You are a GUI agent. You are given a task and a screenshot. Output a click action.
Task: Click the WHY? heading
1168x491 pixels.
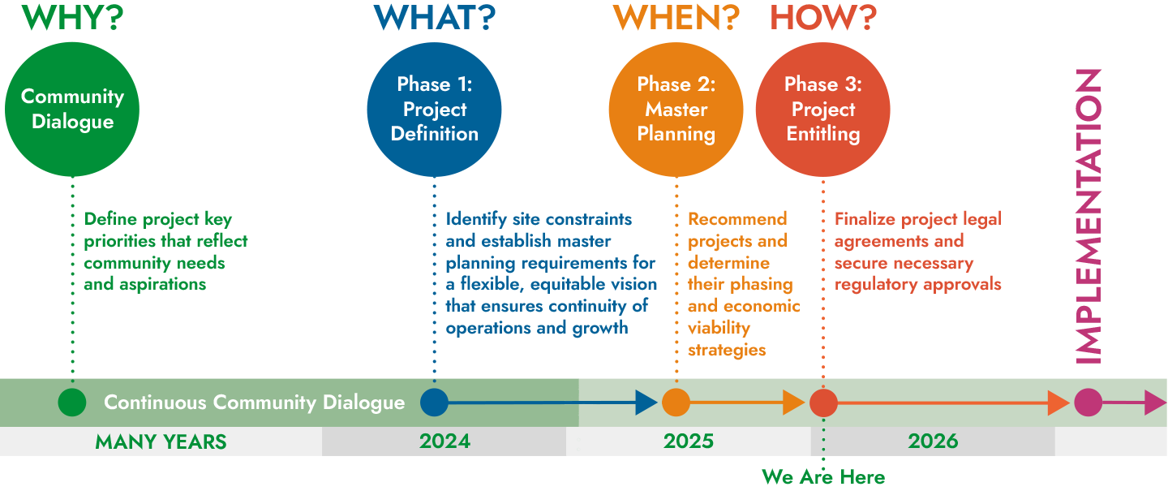coord(72,17)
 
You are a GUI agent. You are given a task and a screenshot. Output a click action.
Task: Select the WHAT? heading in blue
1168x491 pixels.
coord(435,17)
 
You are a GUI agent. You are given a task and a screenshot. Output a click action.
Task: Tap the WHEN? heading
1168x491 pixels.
coord(676,17)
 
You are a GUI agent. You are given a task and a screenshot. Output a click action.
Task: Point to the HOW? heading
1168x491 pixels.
coord(823,17)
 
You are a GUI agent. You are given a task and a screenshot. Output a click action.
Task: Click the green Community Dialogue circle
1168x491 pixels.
coord(72,109)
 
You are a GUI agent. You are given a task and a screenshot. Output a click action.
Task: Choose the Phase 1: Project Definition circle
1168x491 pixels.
coord(435,109)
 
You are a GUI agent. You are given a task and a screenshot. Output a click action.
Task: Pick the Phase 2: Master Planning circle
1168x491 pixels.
coord(676,109)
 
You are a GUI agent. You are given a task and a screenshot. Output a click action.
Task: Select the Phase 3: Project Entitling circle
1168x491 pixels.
coord(823,109)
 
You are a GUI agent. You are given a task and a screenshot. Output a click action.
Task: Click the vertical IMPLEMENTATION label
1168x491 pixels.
coord(1089,217)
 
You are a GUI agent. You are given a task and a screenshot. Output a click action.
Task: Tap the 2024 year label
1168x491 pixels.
coord(444,441)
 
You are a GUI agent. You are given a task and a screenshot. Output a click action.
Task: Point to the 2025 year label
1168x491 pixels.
coord(689,441)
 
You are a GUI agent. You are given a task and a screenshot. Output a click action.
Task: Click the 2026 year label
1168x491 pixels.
coord(933,441)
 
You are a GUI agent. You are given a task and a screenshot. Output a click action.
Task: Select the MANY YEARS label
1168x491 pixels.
coord(161,442)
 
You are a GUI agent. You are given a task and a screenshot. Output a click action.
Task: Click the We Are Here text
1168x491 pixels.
coord(823,477)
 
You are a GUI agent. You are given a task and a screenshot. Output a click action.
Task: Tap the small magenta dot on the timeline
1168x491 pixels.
coord(1089,403)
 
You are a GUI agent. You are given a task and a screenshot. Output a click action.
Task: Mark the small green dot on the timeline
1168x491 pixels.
coord(72,403)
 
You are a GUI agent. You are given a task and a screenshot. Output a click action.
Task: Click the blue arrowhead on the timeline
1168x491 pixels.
coord(646,403)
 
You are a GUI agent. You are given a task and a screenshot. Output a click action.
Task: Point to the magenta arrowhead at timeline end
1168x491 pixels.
coord(1155,403)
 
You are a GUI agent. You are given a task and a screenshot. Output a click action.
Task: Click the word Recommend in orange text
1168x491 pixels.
coord(737,218)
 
